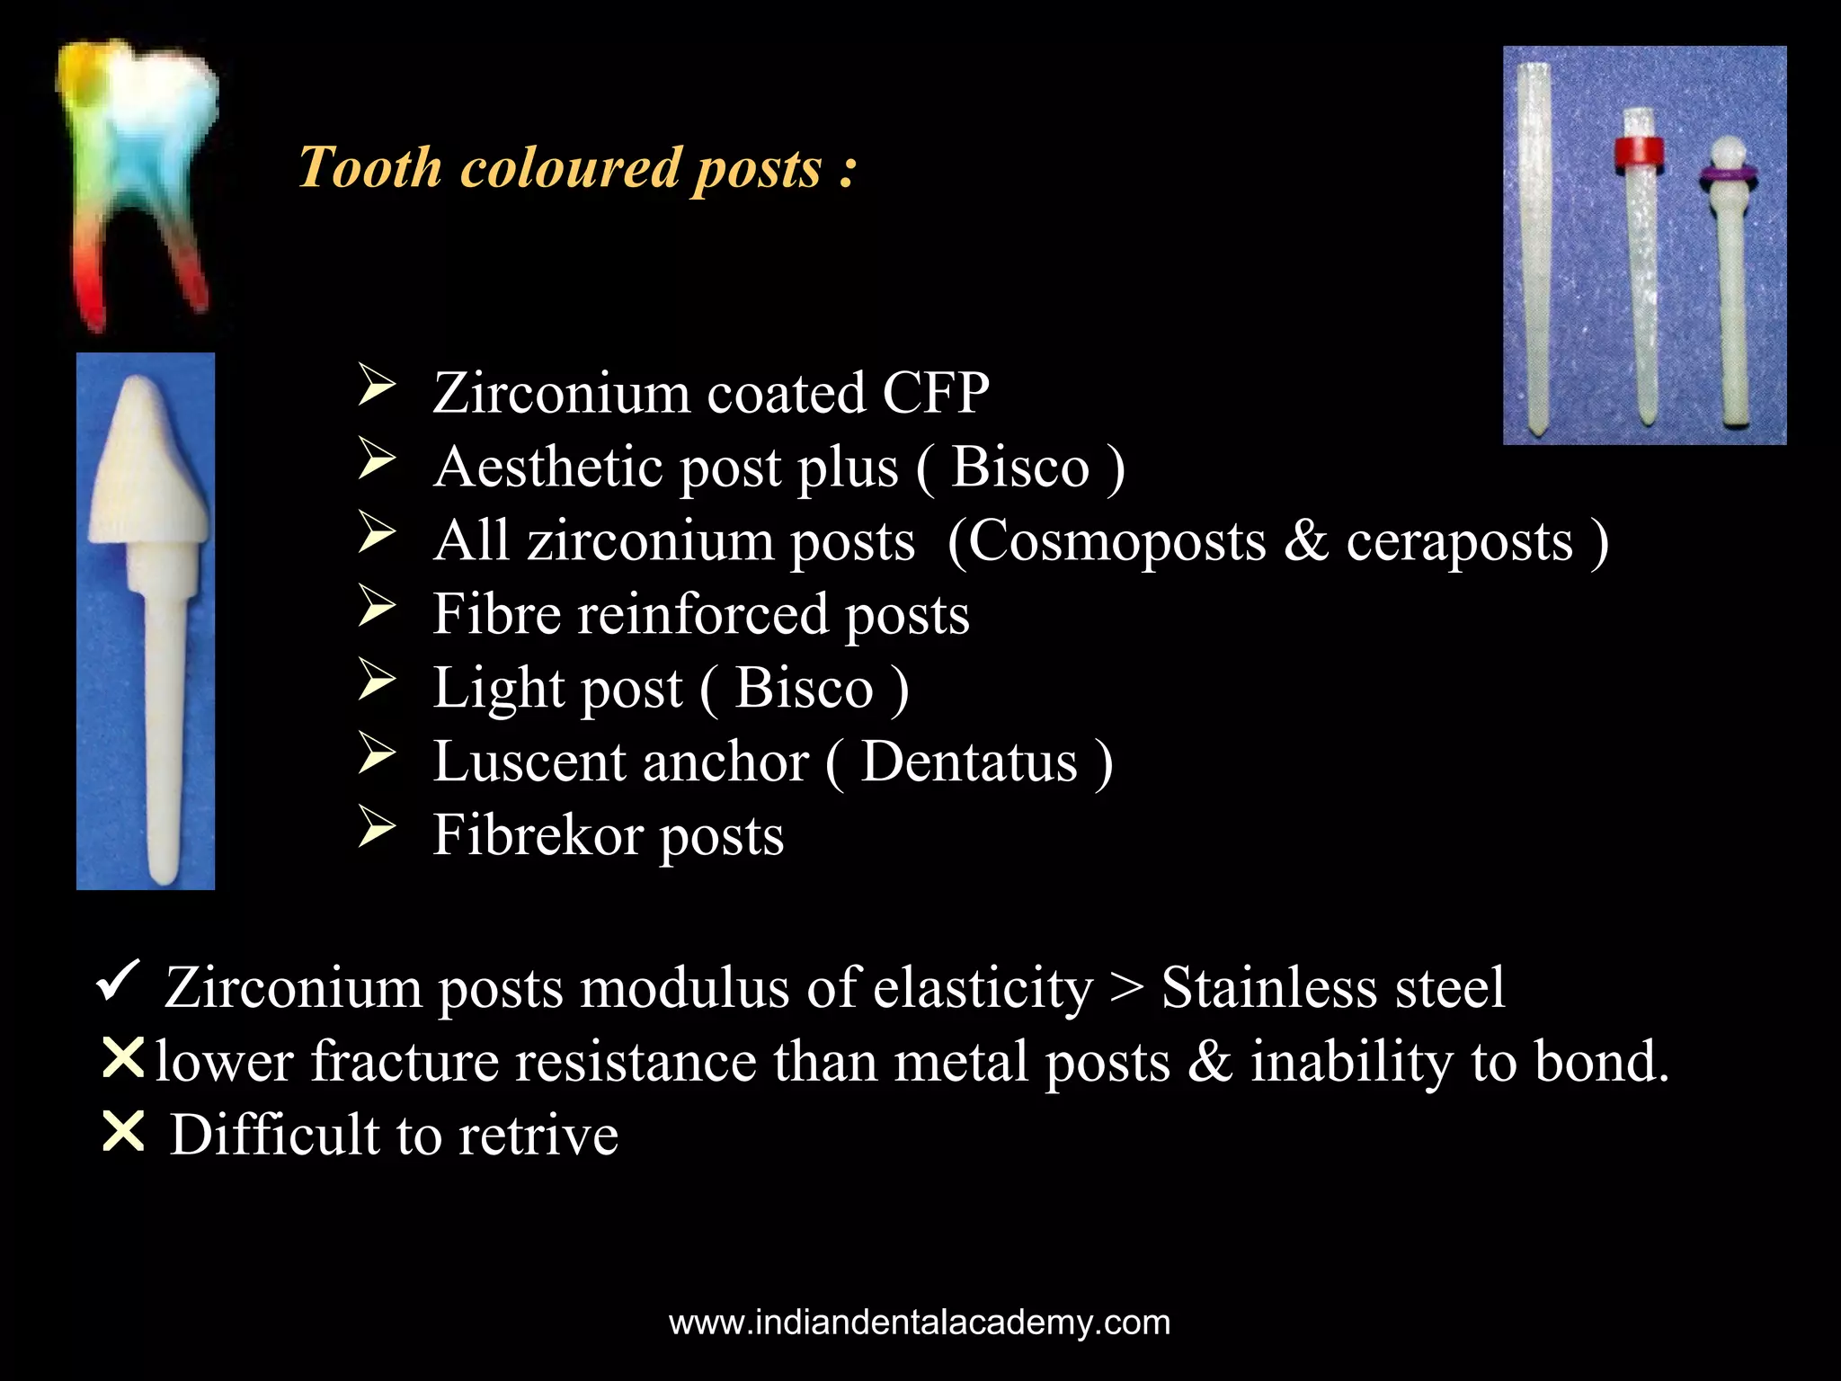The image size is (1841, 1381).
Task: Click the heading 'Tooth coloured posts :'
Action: click(x=577, y=168)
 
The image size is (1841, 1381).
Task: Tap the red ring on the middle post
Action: click(x=1638, y=154)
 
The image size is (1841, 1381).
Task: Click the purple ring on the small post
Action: click(x=1727, y=176)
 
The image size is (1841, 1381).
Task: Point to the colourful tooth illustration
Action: click(x=139, y=180)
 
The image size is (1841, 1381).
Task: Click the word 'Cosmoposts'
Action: click(x=1115, y=542)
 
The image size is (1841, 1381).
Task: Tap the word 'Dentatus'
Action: click(x=968, y=763)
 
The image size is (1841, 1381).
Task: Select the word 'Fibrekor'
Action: click(x=538, y=836)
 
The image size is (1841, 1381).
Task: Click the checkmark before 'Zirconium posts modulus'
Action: click(x=118, y=980)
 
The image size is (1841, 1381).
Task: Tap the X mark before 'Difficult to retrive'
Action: click(x=123, y=1132)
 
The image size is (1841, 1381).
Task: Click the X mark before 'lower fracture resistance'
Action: click(x=123, y=1058)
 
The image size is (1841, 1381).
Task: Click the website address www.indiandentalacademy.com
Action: click(x=920, y=1323)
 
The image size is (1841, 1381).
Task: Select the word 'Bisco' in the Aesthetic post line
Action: click(x=1019, y=468)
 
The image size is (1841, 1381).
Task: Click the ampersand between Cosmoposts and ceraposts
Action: click(x=1305, y=542)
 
